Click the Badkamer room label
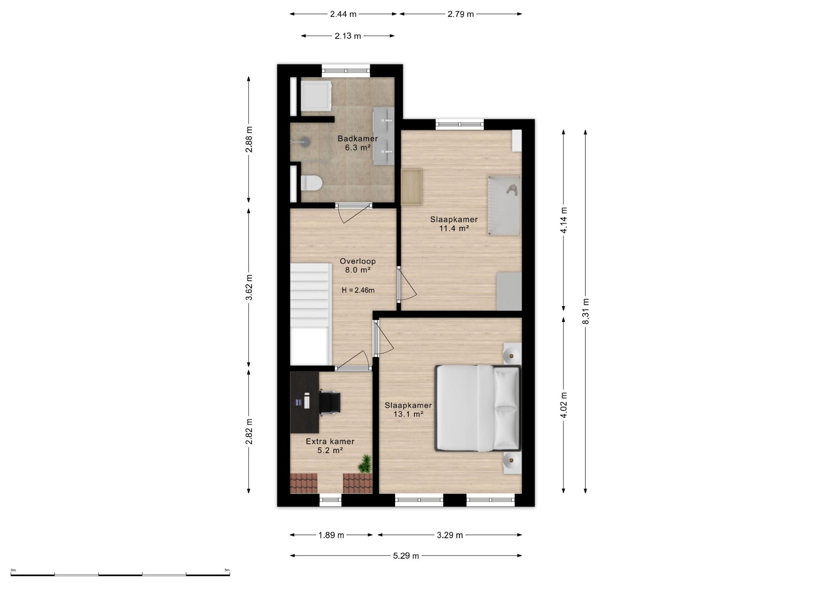click(x=358, y=138)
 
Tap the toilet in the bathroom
click(x=311, y=182)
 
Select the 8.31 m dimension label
click(x=586, y=311)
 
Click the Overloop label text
click(x=358, y=261)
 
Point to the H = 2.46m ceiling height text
click(x=358, y=290)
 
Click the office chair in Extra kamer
click(x=330, y=402)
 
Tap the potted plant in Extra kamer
click(x=364, y=464)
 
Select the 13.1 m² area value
click(x=408, y=414)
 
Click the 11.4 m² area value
click(x=454, y=228)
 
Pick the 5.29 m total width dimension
click(x=406, y=556)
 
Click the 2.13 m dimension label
click(x=347, y=36)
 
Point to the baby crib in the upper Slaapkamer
click(x=504, y=206)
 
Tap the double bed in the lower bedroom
click(x=478, y=408)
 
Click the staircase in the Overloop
click(x=311, y=314)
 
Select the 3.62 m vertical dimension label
click(x=249, y=287)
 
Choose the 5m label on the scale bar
click(x=227, y=570)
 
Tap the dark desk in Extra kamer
click(x=305, y=402)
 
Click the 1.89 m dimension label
click(x=331, y=535)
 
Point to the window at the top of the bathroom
click(x=346, y=71)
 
